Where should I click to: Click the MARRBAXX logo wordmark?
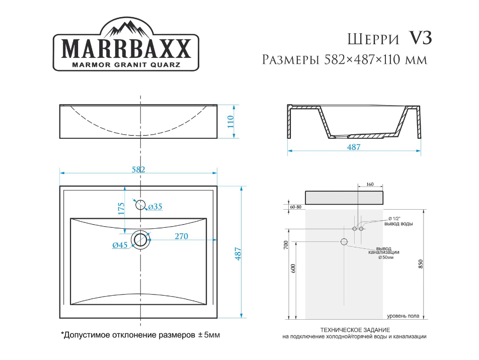click(126, 49)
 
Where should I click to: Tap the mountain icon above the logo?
click(126, 28)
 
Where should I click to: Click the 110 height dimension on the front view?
click(231, 122)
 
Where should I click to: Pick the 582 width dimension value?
click(138, 169)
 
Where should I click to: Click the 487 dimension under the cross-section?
click(354, 147)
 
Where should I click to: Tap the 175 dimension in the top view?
click(121, 209)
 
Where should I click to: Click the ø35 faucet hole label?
click(155, 207)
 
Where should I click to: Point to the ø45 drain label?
click(119, 245)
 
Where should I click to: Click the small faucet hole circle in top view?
click(140, 204)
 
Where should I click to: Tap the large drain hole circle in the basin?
click(140, 239)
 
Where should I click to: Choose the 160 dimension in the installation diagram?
click(369, 185)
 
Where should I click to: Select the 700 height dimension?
click(285, 246)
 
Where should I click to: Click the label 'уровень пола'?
click(403, 316)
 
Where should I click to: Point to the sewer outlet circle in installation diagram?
click(344, 242)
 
